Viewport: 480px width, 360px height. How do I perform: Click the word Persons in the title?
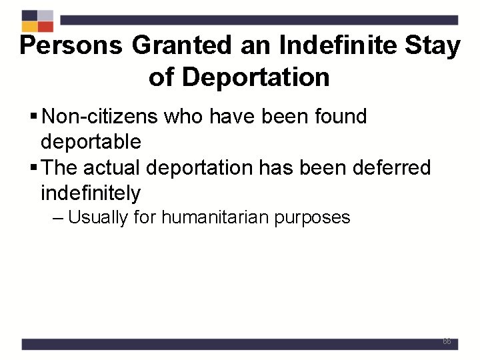click(71, 46)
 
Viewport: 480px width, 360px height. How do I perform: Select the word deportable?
click(91, 141)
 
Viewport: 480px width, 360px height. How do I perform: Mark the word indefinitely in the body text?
click(91, 193)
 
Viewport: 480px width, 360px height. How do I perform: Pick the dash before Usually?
click(58, 218)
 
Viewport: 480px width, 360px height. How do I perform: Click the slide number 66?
click(447, 341)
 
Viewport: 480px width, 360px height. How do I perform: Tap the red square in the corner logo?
click(45, 27)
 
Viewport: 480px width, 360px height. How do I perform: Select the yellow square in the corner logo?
click(29, 27)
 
